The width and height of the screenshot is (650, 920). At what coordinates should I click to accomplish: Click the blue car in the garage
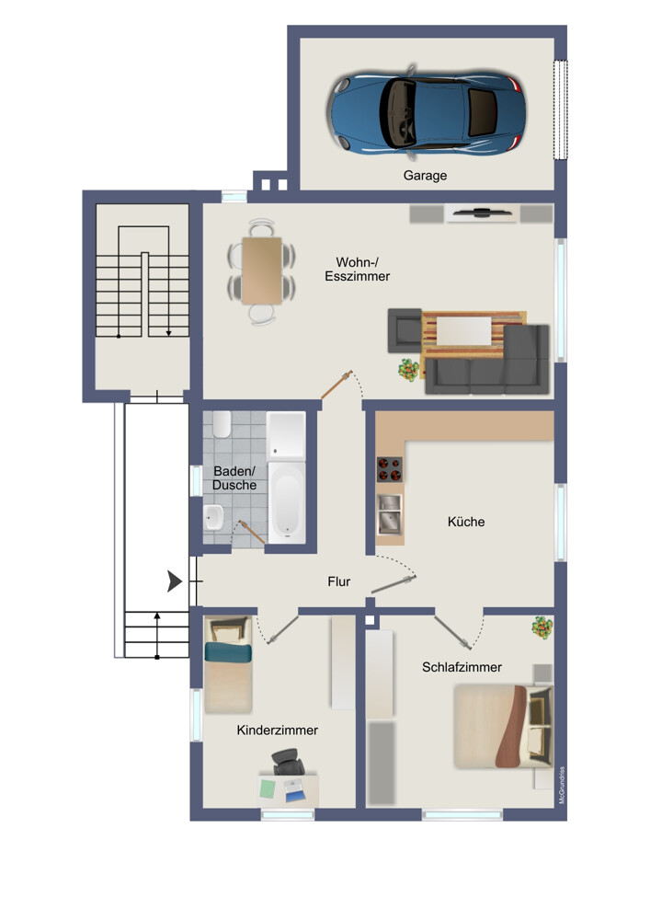(x=428, y=109)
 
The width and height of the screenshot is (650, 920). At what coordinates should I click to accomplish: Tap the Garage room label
(x=425, y=175)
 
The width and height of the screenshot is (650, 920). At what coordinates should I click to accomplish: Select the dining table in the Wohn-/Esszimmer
(x=262, y=270)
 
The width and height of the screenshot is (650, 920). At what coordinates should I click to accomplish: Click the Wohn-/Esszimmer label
(x=357, y=268)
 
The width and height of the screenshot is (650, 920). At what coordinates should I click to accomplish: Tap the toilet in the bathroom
(x=221, y=425)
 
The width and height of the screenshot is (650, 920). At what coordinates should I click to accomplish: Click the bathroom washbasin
(x=212, y=519)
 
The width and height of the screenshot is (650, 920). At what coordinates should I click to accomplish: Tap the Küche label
(x=466, y=522)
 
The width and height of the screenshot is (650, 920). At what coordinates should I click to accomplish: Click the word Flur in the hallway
(x=340, y=581)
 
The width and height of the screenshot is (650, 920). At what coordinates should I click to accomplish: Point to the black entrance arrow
(x=173, y=581)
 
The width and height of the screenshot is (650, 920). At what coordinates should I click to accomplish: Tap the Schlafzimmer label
(x=462, y=667)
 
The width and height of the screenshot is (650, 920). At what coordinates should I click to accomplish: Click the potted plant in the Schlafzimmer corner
(x=542, y=628)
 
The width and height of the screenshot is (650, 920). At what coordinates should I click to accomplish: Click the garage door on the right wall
(x=559, y=109)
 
